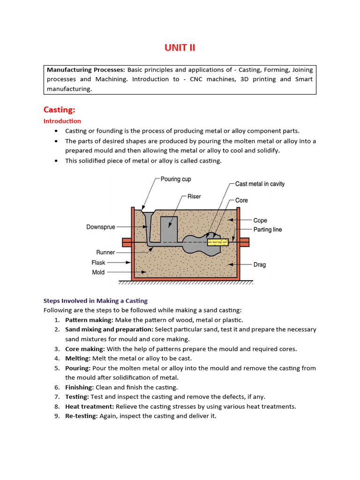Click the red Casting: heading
coord(59,110)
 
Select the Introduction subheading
coord(62,121)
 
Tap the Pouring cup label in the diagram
coord(176,179)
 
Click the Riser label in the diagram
coord(194,196)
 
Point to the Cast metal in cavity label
coord(260,184)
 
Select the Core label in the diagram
coord(241,200)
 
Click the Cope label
coord(260,220)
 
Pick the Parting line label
coord(268,230)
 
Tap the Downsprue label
coord(101,227)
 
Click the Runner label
coord(106,252)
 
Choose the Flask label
coord(98,262)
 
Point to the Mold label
coord(98,272)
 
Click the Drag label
coord(260,264)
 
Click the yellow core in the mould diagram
coord(217,242)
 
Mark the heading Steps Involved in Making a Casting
coord(95,301)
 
